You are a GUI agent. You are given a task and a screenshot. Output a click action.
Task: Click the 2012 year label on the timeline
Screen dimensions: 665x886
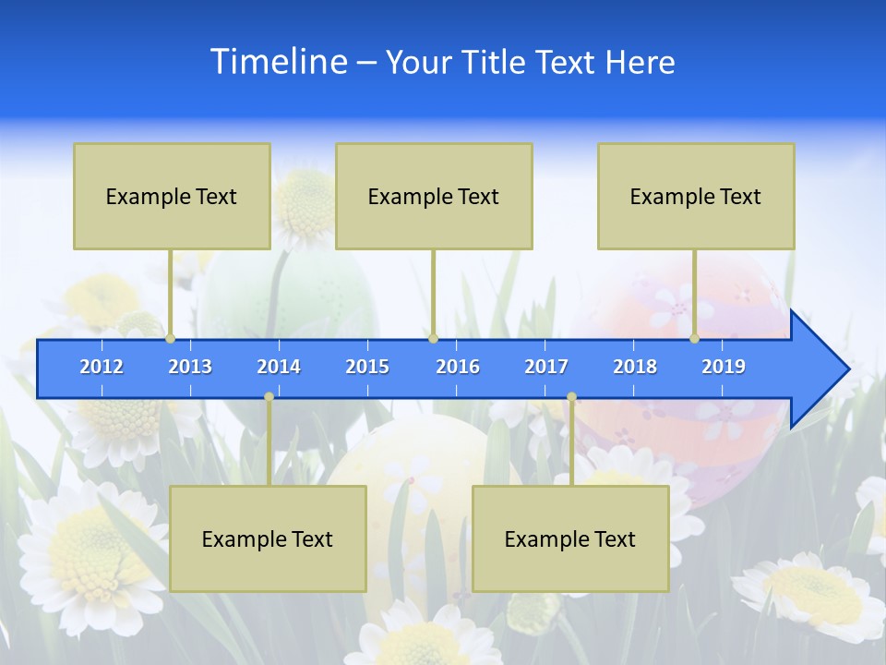[102, 367]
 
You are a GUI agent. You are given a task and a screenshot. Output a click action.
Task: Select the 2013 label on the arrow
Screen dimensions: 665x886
[190, 367]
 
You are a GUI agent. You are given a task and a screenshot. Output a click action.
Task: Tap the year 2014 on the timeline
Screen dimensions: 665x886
[279, 367]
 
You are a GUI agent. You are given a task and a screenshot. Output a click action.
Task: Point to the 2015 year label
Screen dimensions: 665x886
[367, 367]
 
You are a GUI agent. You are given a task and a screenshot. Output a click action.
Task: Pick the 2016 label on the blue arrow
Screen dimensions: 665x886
[458, 367]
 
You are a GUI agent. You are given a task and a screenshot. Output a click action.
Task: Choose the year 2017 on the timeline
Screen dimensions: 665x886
[546, 367]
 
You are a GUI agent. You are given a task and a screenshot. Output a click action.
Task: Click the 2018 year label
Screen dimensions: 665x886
[635, 367]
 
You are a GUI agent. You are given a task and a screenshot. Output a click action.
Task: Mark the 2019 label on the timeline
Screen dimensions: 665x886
[724, 367]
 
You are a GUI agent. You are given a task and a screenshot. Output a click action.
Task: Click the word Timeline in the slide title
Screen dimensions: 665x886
[278, 62]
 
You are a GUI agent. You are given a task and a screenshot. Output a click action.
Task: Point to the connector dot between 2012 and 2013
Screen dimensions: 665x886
[171, 339]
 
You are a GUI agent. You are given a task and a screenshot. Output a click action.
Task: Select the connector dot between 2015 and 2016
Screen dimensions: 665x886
[433, 339]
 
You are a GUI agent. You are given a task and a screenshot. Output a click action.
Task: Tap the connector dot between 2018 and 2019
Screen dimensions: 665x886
[695, 339]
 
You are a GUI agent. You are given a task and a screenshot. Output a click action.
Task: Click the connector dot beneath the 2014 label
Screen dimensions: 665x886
[269, 397]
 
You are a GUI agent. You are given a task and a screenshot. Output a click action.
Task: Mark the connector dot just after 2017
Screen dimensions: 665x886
[571, 397]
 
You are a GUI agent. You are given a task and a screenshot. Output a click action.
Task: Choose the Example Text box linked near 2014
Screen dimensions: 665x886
[268, 538]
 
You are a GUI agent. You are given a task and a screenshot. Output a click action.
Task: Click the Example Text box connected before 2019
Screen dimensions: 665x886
[696, 196]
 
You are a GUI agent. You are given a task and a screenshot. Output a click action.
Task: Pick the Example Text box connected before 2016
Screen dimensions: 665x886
[434, 196]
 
